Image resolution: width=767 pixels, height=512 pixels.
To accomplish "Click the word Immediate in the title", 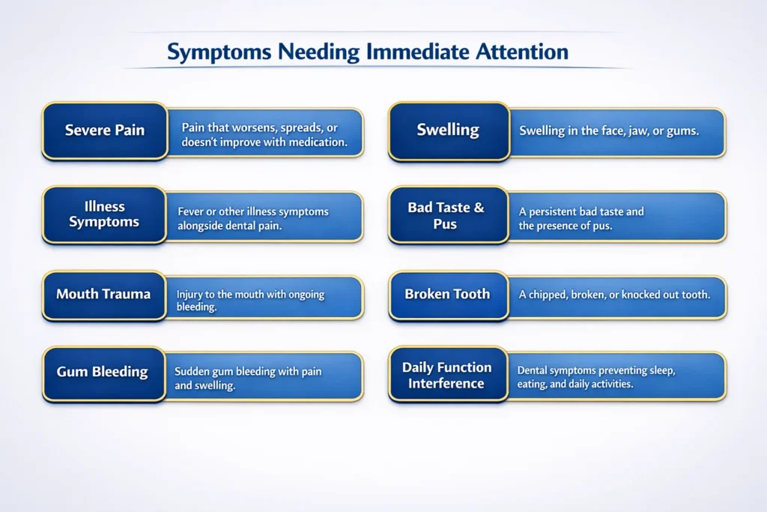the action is (417, 52).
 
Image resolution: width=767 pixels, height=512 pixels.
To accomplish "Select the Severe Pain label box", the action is (105, 130).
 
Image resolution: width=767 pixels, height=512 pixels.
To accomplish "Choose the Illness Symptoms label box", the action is (104, 214).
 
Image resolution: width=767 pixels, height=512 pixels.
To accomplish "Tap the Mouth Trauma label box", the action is (104, 295).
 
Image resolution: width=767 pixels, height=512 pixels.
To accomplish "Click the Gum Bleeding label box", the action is (103, 374).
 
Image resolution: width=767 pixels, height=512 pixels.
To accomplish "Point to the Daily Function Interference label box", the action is (448, 374).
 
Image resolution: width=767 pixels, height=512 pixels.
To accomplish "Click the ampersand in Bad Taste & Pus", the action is (479, 208).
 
